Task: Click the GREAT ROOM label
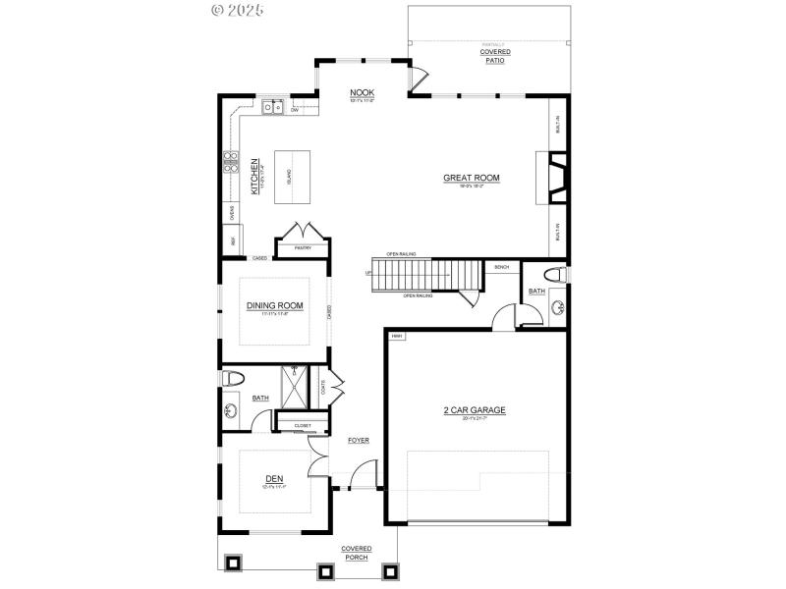pos(472,179)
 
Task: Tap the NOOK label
pos(363,94)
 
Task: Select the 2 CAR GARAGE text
pos(474,410)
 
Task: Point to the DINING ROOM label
pos(274,306)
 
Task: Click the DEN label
pos(273,479)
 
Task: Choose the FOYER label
pos(358,441)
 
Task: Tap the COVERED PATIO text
pos(495,56)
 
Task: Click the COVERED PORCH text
pos(356,553)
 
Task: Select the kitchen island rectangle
pos(289,178)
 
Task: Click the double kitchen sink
pos(272,107)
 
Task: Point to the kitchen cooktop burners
pos(232,161)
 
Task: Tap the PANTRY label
pos(303,248)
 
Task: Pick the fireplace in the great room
pos(556,178)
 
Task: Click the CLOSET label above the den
pos(303,425)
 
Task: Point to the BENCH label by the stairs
pos(501,267)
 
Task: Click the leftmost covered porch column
pos(234,563)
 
